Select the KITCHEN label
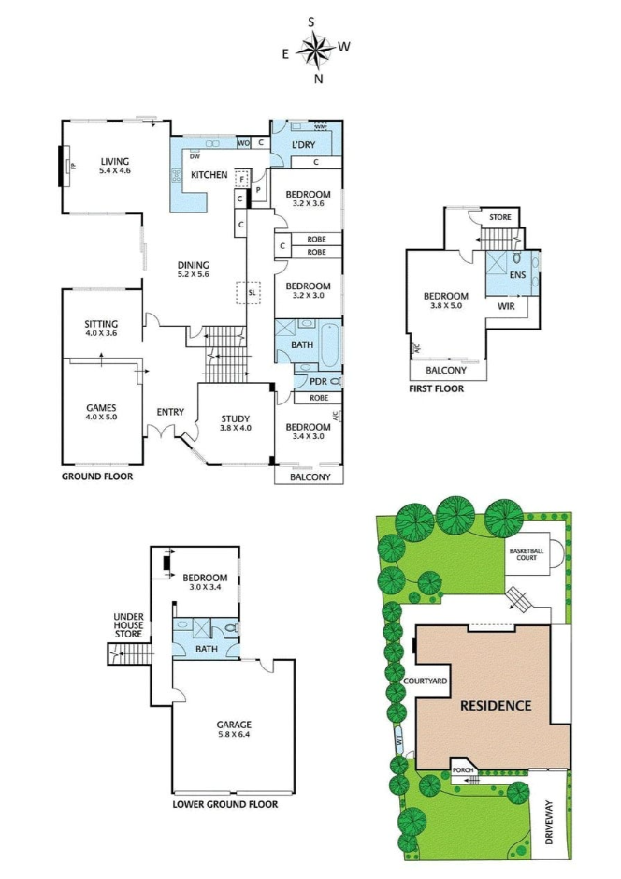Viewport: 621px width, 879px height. click(x=209, y=175)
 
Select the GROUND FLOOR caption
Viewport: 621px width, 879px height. click(x=97, y=476)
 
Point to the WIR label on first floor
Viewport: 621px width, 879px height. click(x=507, y=305)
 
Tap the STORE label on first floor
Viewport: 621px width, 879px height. click(x=500, y=218)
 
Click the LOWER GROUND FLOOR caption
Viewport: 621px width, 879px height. click(x=225, y=803)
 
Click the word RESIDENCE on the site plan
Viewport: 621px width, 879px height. click(x=495, y=706)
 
